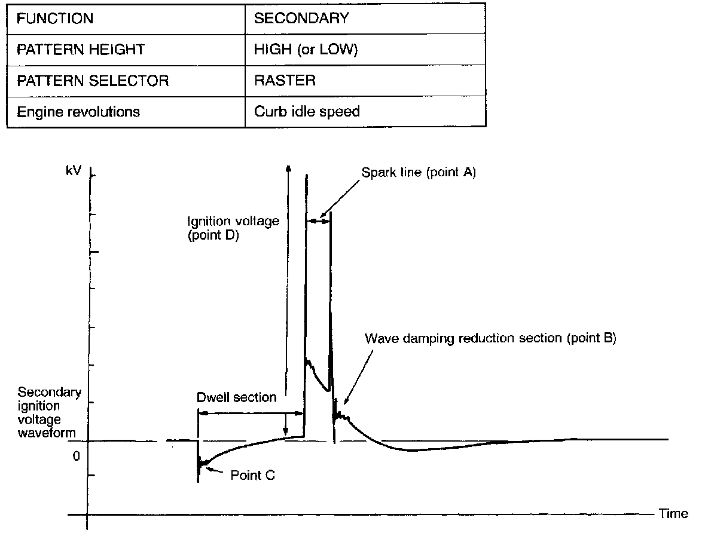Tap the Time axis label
point(673,514)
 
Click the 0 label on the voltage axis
point(76,457)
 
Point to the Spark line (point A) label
point(419,173)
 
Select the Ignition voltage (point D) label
point(233,228)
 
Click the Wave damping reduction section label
point(490,339)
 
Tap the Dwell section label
point(237,397)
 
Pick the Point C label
point(254,476)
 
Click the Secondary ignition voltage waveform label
point(49,412)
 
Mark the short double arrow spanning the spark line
point(318,221)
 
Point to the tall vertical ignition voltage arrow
point(288,299)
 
